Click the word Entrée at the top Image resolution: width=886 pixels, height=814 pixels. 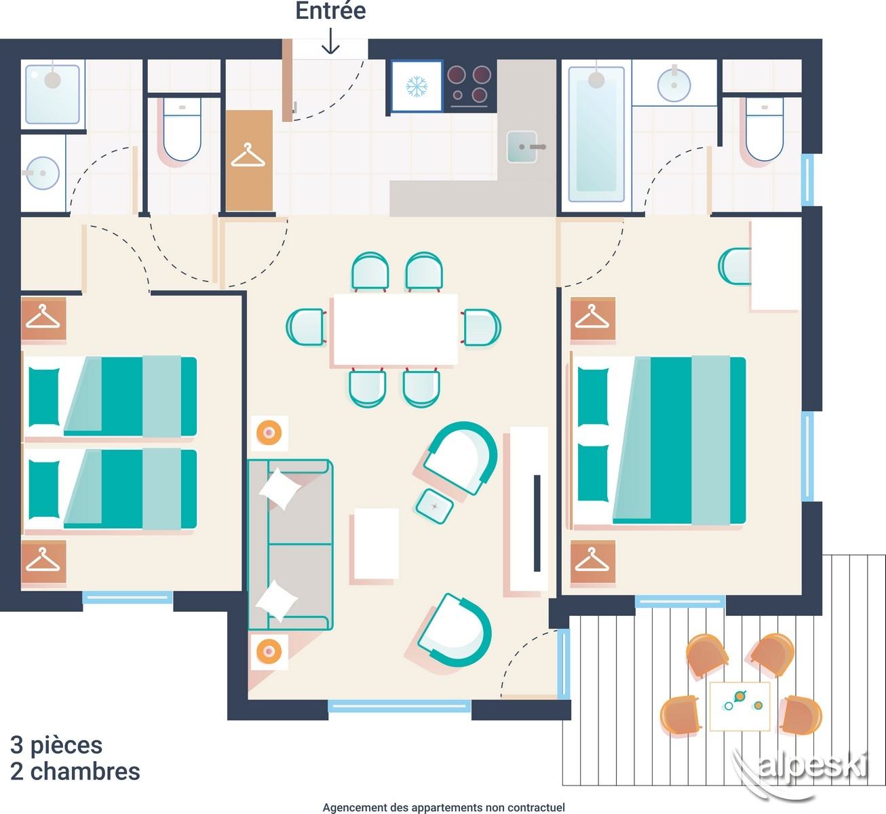click(x=330, y=11)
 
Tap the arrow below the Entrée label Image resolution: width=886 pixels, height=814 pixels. click(x=330, y=41)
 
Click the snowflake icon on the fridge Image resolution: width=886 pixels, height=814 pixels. click(x=417, y=87)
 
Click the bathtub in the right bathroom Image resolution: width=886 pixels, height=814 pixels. click(x=596, y=134)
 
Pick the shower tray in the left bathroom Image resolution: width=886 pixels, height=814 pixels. click(x=52, y=94)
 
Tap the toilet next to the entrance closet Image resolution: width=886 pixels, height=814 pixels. click(x=182, y=129)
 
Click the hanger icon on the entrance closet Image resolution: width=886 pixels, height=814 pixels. click(x=248, y=155)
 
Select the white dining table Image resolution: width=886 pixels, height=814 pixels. click(x=396, y=330)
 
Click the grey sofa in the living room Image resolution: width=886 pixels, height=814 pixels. click(x=290, y=544)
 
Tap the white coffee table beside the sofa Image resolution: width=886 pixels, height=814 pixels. click(x=377, y=543)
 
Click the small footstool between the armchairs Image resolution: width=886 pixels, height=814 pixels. click(x=434, y=506)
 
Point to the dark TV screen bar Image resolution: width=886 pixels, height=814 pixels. click(x=537, y=524)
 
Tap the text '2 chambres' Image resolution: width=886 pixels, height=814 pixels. click(x=75, y=772)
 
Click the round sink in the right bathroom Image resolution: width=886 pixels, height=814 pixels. click(x=674, y=85)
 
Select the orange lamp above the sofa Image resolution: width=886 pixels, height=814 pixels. click(x=269, y=432)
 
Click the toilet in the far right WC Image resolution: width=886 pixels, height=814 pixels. click(x=765, y=129)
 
